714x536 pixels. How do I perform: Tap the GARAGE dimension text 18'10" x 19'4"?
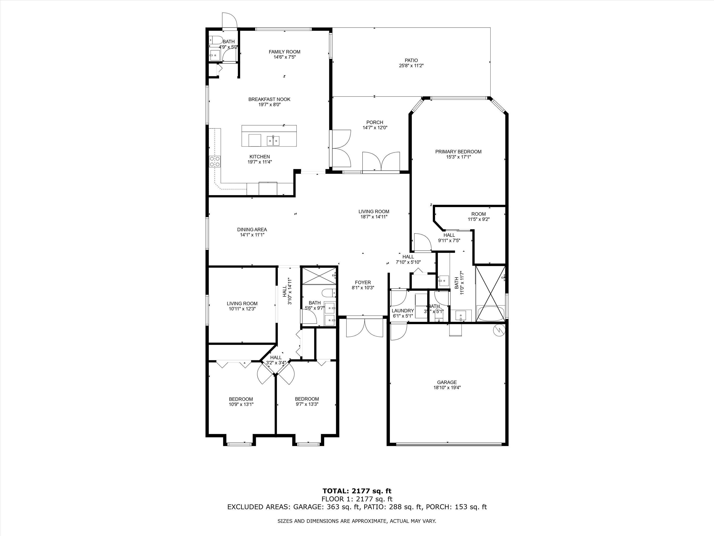pyautogui.click(x=447, y=387)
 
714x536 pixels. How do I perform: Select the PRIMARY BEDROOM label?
pyautogui.click(x=458, y=152)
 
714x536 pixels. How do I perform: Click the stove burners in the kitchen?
pyautogui.click(x=215, y=162)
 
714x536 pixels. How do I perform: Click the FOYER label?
pyautogui.click(x=363, y=282)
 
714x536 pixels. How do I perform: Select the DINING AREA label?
pyautogui.click(x=252, y=230)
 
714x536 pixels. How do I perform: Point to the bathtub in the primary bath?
pyautogui.click(x=491, y=314)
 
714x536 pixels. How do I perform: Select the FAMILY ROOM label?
pyautogui.click(x=284, y=52)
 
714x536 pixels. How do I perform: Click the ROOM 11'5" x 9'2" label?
pyautogui.click(x=478, y=214)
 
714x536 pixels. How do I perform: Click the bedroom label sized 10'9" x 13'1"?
pyautogui.click(x=241, y=399)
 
